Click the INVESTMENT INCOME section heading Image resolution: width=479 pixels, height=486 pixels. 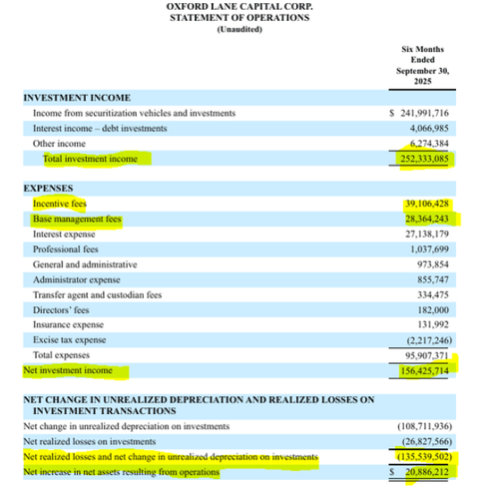tap(77, 98)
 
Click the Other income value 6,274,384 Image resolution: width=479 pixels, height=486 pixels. tap(431, 143)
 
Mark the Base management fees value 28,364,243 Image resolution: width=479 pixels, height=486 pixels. tap(430, 218)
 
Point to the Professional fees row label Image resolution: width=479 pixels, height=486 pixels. tap(64, 248)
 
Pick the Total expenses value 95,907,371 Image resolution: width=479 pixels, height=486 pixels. tap(430, 354)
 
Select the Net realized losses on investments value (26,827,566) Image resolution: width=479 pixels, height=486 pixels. tap(429, 443)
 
